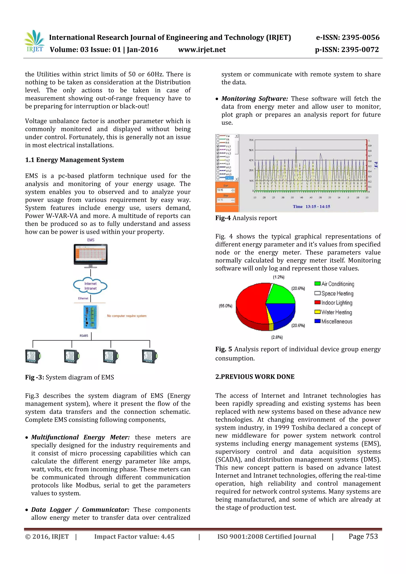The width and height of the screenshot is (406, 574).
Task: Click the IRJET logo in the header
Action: click(x=35, y=41)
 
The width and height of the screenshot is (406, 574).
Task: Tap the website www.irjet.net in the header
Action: click(x=202, y=50)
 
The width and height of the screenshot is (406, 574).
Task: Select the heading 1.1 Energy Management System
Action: click(x=75, y=160)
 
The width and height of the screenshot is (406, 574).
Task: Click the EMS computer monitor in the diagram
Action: click(x=91, y=254)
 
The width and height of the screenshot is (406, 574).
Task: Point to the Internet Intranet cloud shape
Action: click(x=90, y=286)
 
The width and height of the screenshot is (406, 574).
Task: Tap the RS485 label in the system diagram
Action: click(x=84, y=336)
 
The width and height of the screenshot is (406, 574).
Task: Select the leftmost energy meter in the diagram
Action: click(x=33, y=356)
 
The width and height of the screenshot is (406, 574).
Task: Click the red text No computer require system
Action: click(x=127, y=316)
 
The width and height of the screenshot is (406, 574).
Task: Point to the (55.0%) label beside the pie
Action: click(x=225, y=306)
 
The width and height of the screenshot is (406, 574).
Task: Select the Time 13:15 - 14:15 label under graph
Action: click(x=311, y=207)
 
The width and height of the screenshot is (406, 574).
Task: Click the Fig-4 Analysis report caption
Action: click(x=246, y=218)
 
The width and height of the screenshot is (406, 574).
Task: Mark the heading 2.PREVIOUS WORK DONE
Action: click(x=255, y=377)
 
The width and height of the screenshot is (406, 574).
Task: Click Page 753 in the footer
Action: click(x=363, y=537)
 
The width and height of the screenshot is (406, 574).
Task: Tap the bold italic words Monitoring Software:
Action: click(x=255, y=99)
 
